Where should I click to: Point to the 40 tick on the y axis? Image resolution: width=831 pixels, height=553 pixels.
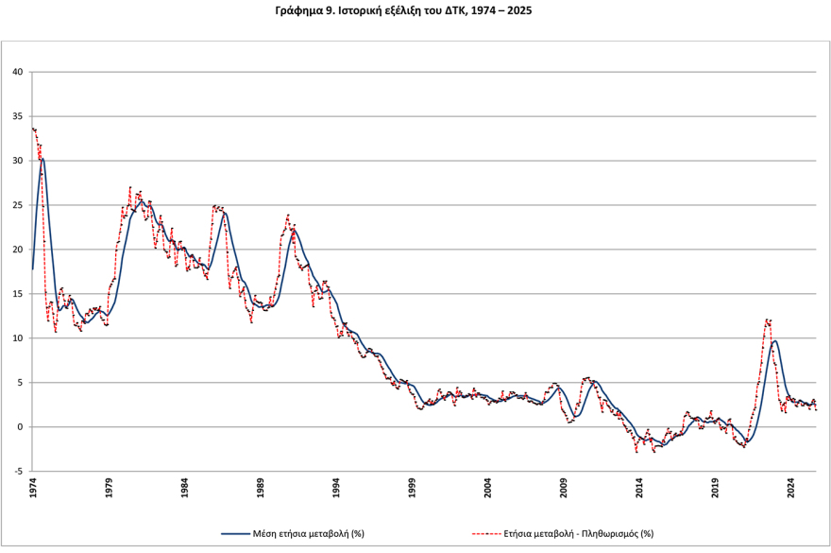click(x=18, y=72)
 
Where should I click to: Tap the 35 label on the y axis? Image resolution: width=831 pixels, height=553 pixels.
click(x=18, y=116)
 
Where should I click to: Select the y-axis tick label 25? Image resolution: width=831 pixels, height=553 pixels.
click(x=18, y=205)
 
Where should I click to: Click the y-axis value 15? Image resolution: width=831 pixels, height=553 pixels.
click(x=18, y=294)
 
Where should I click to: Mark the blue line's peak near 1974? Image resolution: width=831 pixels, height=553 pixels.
click(x=42, y=159)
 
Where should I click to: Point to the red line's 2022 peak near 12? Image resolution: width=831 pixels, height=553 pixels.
click(x=768, y=320)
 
